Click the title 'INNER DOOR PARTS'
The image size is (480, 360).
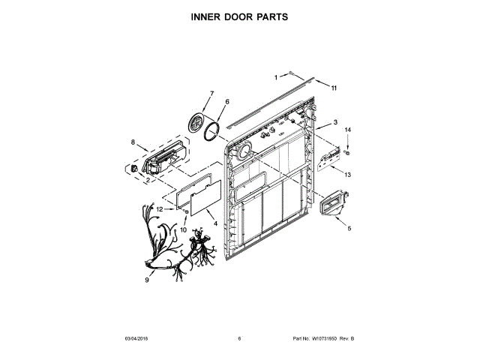[239, 16]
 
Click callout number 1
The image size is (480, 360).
[276, 76]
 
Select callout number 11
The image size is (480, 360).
[334, 88]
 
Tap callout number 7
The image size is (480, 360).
[211, 94]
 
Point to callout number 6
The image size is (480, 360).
[227, 101]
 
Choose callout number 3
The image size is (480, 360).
[335, 122]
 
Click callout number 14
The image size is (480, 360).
[347, 130]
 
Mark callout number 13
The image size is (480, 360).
[347, 174]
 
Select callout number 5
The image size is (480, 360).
[347, 227]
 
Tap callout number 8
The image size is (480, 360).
[133, 142]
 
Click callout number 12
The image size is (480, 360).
[160, 209]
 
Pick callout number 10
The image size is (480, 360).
[184, 230]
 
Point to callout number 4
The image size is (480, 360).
[215, 223]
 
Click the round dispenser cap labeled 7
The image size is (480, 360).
[199, 121]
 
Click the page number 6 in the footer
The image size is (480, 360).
[239, 339]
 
